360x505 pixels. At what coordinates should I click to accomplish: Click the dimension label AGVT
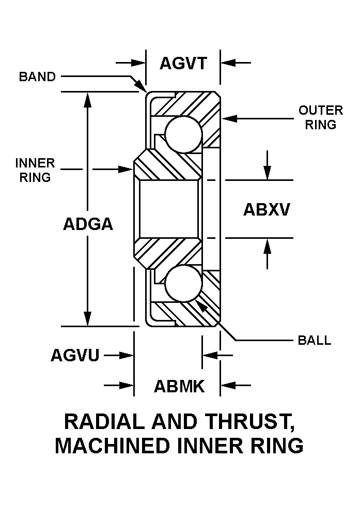pyautogui.click(x=183, y=63)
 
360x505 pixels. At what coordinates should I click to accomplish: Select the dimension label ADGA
pyautogui.click(x=88, y=224)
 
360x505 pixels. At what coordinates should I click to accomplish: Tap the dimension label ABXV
pyautogui.click(x=267, y=209)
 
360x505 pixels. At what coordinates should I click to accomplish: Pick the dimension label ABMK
pyautogui.click(x=179, y=386)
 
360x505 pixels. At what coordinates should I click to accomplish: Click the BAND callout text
pyautogui.click(x=37, y=77)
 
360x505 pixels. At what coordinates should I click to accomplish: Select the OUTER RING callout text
pyautogui.click(x=320, y=117)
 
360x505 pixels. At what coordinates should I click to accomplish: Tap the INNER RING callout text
pyautogui.click(x=35, y=170)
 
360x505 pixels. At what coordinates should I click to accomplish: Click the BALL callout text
pyautogui.click(x=315, y=341)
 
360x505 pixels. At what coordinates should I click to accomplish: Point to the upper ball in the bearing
pyautogui.click(x=184, y=134)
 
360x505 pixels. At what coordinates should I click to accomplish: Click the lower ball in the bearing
pyautogui.click(x=184, y=284)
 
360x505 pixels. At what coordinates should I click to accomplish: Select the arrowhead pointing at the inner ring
pyautogui.click(x=126, y=169)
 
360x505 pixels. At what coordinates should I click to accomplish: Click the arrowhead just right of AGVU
pyautogui.click(x=127, y=356)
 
